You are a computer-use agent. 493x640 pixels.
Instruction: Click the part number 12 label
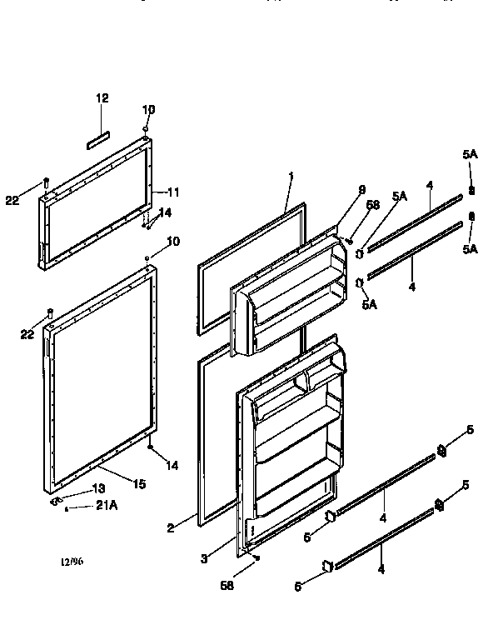102,98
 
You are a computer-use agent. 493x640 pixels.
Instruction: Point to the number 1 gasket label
290,176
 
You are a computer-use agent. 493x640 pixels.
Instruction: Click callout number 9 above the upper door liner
361,190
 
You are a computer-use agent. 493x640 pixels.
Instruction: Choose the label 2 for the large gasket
170,527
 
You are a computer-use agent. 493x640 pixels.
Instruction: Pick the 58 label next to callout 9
373,205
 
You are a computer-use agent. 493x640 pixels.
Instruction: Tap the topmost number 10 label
148,109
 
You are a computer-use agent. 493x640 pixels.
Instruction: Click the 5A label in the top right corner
471,153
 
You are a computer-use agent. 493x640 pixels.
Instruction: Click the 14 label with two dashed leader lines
165,212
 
